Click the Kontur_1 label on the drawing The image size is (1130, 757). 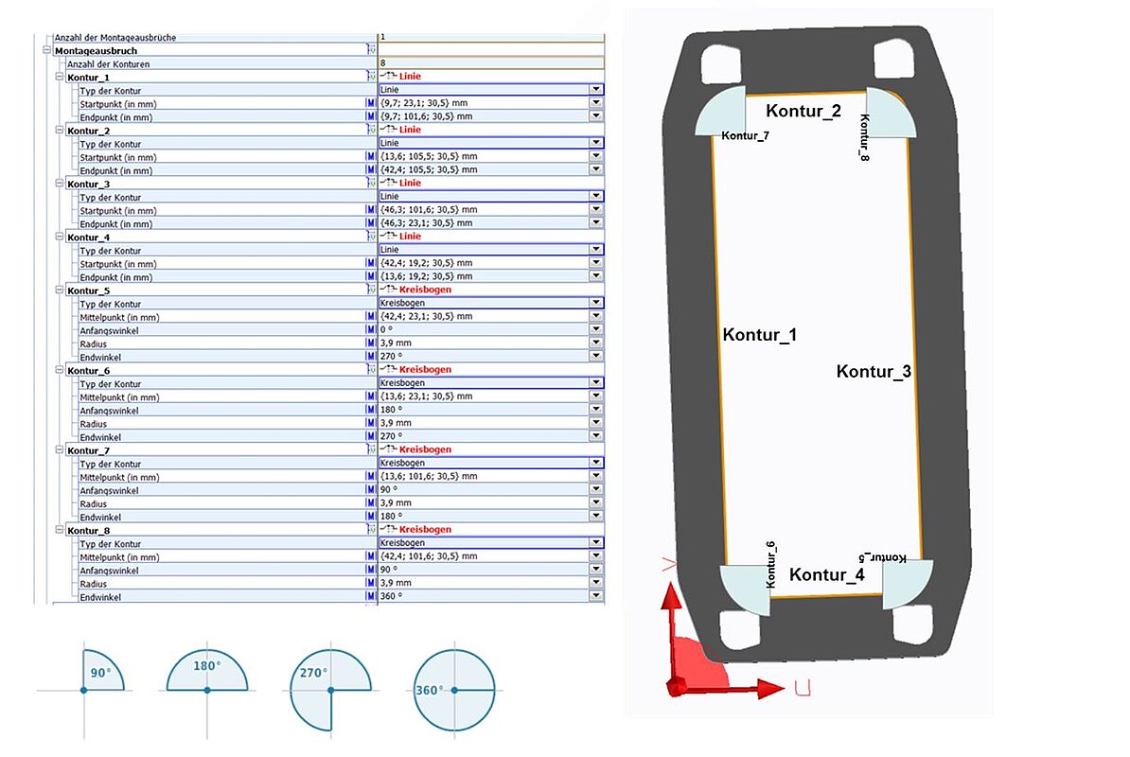coord(759,335)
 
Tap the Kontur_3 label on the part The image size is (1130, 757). coord(874,372)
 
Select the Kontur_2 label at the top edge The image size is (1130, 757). coord(803,112)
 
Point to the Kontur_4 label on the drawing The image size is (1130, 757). coord(826,574)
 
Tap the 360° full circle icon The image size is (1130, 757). coord(454,690)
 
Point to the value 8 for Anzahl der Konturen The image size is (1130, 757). coord(382,63)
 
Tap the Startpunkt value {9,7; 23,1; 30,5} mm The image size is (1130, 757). coord(427,103)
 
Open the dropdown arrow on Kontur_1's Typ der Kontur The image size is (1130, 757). coord(596,90)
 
